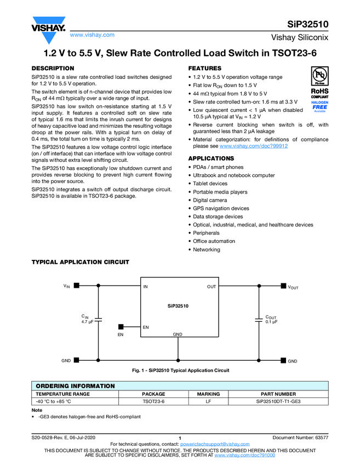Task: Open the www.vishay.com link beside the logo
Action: [x=92, y=35]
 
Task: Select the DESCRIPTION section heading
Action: [x=53, y=69]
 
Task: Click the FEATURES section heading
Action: [x=205, y=69]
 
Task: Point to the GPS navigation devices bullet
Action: [x=221, y=208]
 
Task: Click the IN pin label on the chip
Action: [x=146, y=287]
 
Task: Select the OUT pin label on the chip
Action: [x=211, y=287]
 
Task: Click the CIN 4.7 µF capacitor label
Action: [x=88, y=319]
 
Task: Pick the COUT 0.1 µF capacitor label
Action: [x=271, y=319]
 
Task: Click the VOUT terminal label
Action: [x=293, y=287]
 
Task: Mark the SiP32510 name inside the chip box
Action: [x=178, y=306]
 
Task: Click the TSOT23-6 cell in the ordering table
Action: [x=153, y=401]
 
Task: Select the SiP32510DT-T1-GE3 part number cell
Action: [x=278, y=401]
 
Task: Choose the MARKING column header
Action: [x=208, y=394]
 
